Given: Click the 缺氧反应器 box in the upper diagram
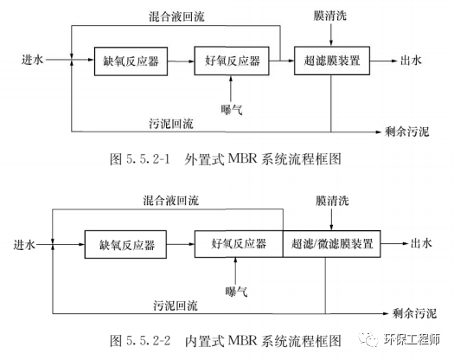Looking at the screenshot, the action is coord(131,61).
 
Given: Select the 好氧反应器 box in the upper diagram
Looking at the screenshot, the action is coord(232,61).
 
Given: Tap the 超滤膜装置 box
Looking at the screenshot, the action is coord(332,61).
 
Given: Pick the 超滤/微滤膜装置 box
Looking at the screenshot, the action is coord(331,244).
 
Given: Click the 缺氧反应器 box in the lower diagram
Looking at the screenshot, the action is coord(125,244).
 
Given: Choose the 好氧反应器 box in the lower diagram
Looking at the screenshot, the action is coord(239,244).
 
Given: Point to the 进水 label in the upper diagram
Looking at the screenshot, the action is coord(32,60).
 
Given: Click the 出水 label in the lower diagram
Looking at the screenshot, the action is coord(421,243).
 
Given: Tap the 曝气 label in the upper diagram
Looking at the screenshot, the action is coord(232,110).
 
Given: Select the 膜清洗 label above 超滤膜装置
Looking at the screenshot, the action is coord(329,16).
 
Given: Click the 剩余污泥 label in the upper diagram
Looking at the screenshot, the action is coord(406,132).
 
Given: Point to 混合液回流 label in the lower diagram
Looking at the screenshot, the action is coord(171,200).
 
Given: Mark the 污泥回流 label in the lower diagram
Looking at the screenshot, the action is coord(176,305).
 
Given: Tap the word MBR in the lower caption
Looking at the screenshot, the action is coord(243,340).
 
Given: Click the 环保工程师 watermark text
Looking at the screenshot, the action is coord(412,339).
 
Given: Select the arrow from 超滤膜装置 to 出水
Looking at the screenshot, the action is coord(383,61).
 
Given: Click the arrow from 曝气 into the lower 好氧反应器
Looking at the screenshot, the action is coord(235,271).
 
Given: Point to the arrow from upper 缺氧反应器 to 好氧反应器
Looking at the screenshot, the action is coord(181,61).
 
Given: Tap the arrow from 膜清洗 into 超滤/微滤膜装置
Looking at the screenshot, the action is coord(331,220).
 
